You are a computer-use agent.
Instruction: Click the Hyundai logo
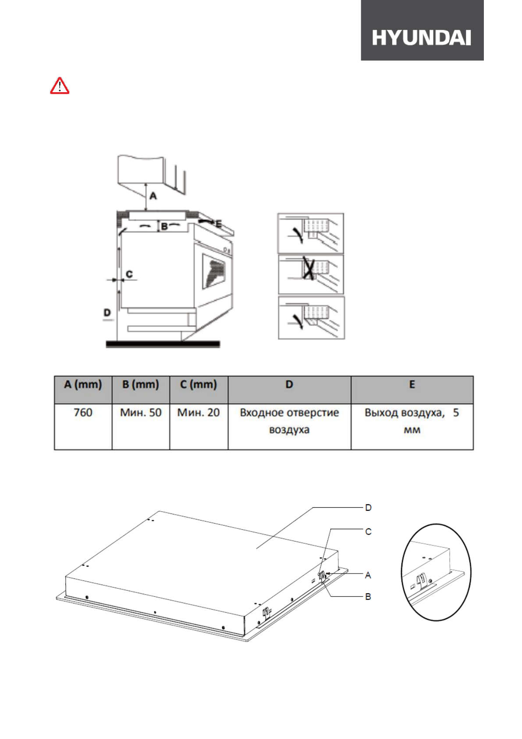421,38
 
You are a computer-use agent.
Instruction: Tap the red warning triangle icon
59,86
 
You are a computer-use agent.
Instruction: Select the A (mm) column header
83,385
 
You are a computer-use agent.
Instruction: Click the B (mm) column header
141,385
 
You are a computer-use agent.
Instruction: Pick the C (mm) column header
199,385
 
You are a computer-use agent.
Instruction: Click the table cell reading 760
83,413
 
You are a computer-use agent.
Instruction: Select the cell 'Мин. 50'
141,413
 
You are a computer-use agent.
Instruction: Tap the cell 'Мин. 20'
199,413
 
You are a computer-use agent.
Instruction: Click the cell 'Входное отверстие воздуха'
289,421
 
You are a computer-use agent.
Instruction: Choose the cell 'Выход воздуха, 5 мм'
412,421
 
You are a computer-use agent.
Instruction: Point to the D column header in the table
289,385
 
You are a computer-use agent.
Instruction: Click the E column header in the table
412,385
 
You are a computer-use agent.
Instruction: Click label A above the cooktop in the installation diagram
153,196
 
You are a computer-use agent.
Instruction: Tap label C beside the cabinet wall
129,274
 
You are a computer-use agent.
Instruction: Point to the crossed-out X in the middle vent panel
309,269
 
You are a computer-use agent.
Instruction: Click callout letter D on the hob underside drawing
368,508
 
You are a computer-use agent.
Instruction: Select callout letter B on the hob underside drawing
368,597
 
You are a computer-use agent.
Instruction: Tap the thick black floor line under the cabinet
163,344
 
